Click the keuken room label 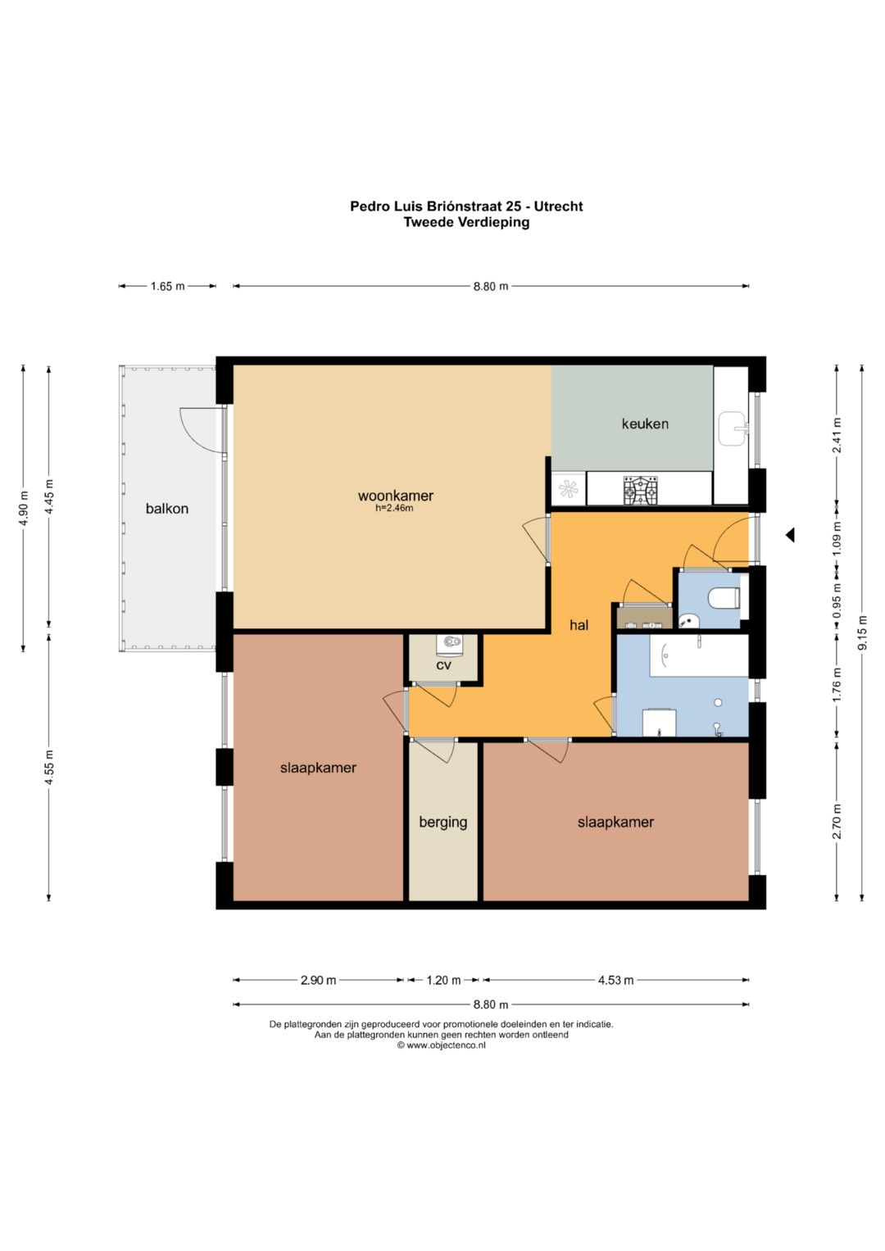pos(645,424)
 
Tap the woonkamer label pos(396,496)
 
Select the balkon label pos(167,509)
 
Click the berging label pos(443,822)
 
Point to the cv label pos(443,665)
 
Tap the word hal pos(579,625)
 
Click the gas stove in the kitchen pos(640,490)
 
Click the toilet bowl pos(724,599)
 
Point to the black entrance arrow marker pos(790,535)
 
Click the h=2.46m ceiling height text pos(394,508)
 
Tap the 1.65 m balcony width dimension pos(167,287)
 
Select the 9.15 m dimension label pos(863,632)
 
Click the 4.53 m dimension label pos(615,980)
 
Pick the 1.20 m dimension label pos(443,980)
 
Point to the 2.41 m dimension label pos(837,436)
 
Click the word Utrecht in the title pos(558,206)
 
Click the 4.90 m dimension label pos(24,508)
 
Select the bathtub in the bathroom pos(700,655)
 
